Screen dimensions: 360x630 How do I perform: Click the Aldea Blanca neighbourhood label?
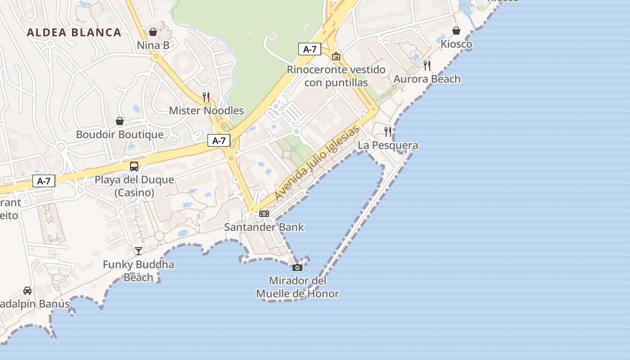click(x=74, y=32)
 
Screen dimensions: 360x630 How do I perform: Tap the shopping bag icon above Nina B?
click(x=153, y=32)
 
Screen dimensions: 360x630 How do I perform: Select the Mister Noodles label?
click(x=206, y=111)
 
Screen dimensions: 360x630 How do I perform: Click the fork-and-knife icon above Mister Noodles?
click(x=206, y=97)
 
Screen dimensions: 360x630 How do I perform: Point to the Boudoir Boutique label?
click(x=120, y=135)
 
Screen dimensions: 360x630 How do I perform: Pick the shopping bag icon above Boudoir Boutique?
click(x=120, y=121)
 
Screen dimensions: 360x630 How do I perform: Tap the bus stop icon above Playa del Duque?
click(x=134, y=166)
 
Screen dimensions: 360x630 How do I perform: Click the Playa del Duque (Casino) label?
click(x=134, y=186)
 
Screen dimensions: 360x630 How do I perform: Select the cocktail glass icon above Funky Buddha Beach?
click(x=139, y=251)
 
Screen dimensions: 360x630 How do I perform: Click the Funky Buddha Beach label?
click(x=139, y=270)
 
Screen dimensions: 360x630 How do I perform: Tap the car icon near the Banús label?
click(x=27, y=290)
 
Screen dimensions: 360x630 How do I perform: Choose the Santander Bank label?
click(x=264, y=227)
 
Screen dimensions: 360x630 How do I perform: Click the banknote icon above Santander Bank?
click(x=264, y=214)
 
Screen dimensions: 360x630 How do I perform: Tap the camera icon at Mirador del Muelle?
click(x=297, y=267)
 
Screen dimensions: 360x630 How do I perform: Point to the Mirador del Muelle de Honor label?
click(x=297, y=287)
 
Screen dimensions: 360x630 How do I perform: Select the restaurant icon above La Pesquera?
click(x=388, y=131)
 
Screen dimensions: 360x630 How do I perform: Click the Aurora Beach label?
click(x=427, y=79)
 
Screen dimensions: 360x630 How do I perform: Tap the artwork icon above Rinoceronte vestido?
click(x=336, y=56)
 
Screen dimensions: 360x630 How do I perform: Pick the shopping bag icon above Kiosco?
click(x=456, y=31)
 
